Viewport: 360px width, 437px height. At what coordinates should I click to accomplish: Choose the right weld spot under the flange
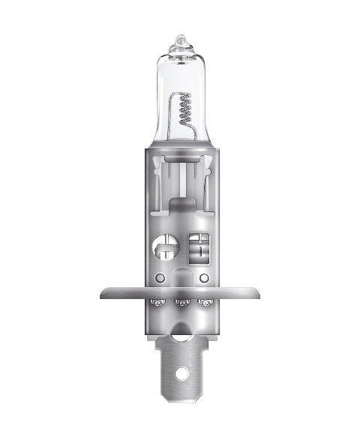pyautogui.click(x=203, y=303)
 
